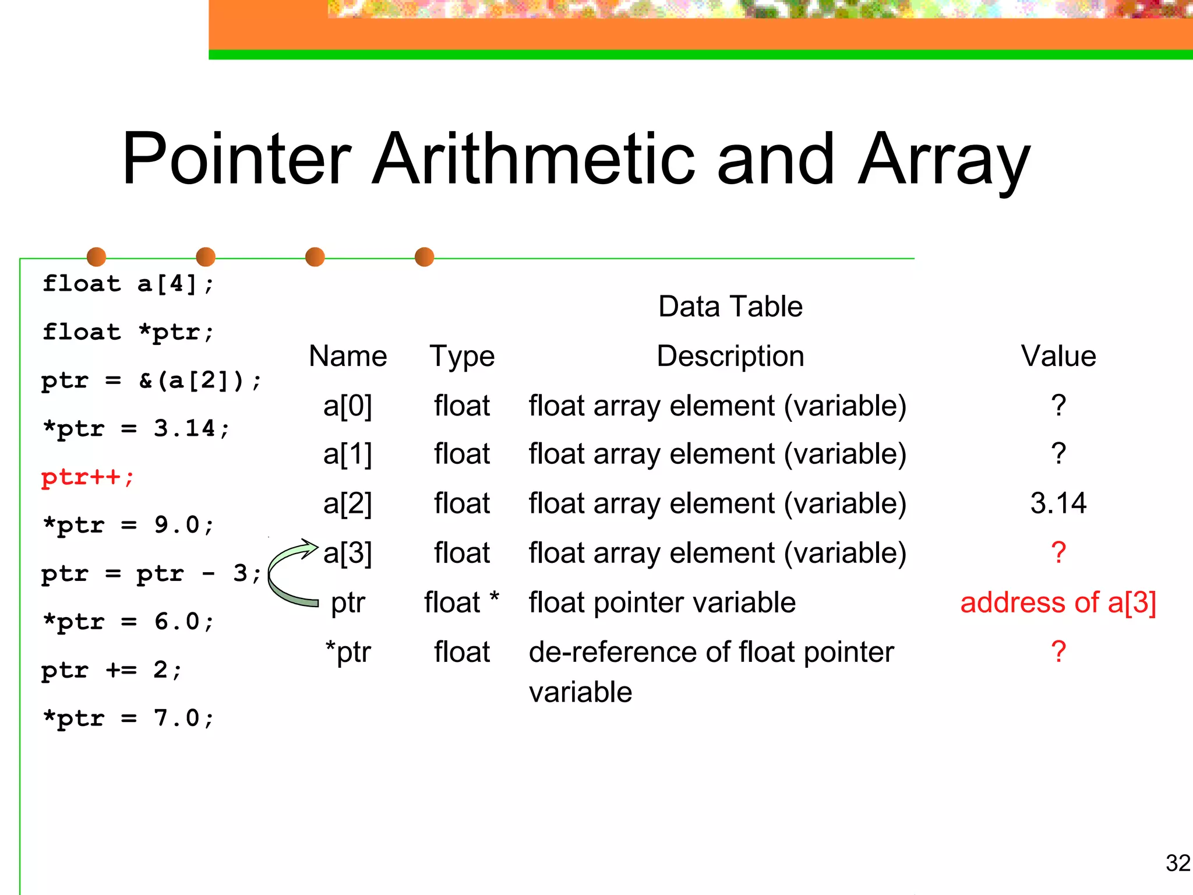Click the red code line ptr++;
87,478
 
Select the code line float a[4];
129,284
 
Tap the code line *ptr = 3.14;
136,429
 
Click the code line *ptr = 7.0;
129,718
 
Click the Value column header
1058,356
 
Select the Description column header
730,356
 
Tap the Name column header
348,356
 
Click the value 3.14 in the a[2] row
1058,503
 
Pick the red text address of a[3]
1058,602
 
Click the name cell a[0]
348,406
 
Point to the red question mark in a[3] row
1058,552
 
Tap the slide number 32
1177,863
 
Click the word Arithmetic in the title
533,158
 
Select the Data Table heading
730,306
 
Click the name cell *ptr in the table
348,652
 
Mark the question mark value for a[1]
1058,454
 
